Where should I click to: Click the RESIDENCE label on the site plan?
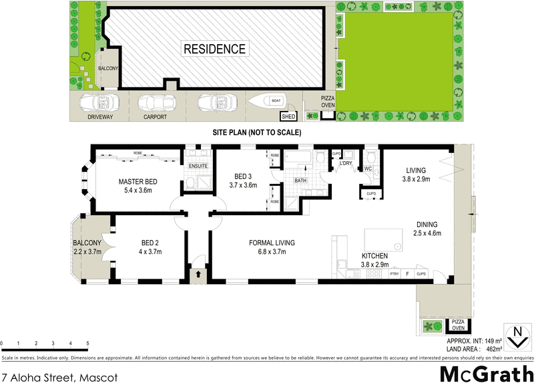coord(215,49)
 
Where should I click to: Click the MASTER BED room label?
coord(138,181)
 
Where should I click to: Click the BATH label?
coord(300,180)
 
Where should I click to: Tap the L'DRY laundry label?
coord(346,164)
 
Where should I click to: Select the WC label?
coord(368,168)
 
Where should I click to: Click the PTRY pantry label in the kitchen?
coord(394,274)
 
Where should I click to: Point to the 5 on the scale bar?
coord(87,344)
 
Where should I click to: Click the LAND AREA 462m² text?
coord(475,348)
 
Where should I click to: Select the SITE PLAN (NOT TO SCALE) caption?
coord(256,132)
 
